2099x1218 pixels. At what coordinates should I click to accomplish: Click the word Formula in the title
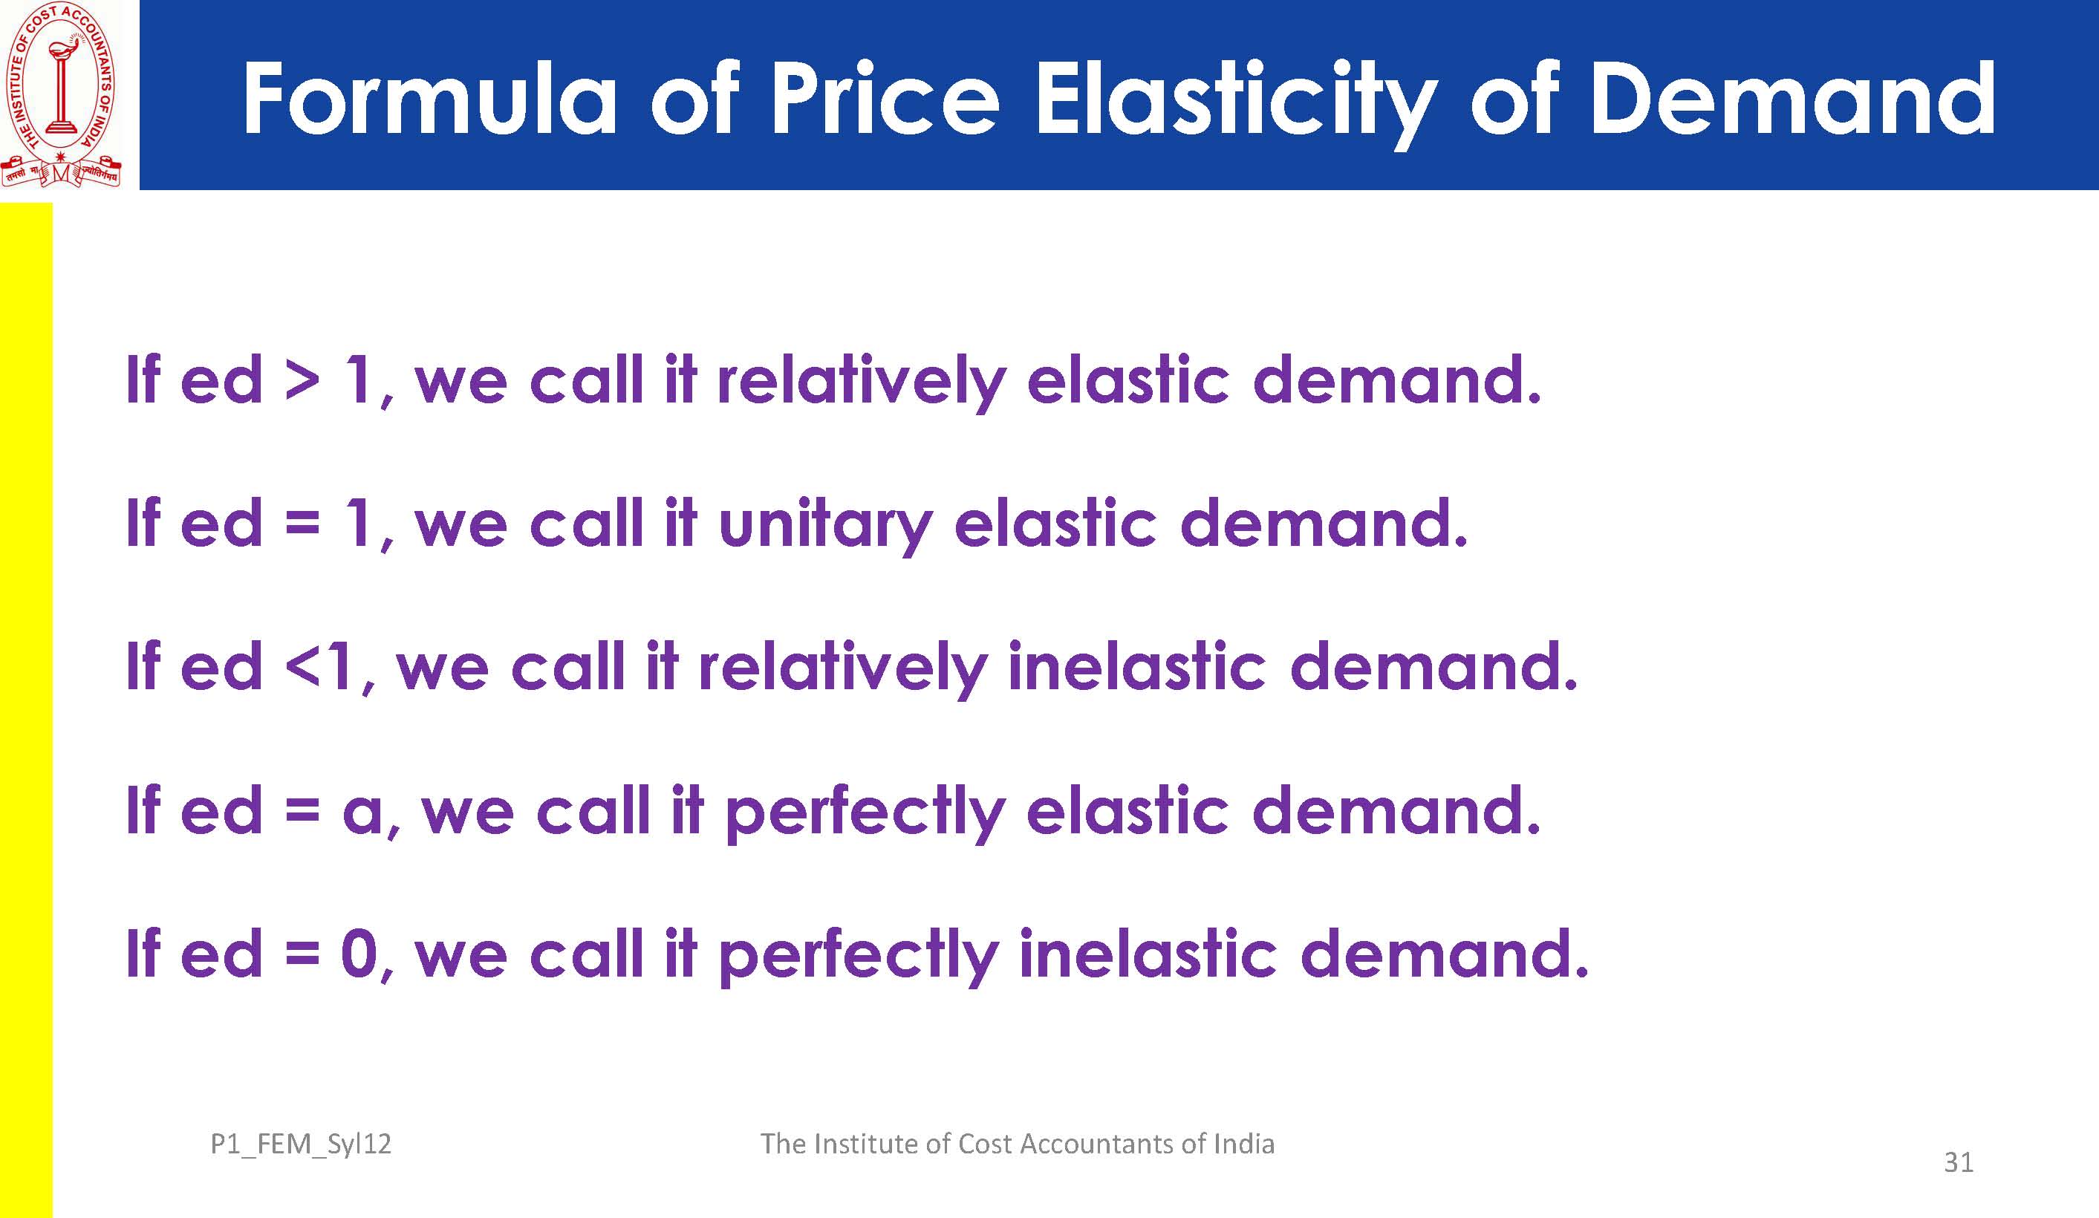430,99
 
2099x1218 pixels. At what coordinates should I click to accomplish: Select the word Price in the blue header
885,97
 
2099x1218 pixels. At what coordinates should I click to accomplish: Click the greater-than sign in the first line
302,381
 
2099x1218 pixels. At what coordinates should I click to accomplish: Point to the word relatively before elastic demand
862,382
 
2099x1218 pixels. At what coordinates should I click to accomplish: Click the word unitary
824,526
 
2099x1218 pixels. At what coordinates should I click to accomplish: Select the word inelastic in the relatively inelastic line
1137,666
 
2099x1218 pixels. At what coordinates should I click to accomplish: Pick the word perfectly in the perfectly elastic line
865,812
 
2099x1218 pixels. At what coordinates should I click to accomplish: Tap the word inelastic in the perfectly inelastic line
1148,953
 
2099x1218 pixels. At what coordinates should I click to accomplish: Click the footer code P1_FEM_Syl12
301,1144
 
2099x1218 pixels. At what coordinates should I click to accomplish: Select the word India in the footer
1243,1144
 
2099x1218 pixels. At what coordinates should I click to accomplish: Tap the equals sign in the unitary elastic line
302,525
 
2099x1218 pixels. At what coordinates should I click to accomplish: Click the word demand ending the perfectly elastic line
1398,810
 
